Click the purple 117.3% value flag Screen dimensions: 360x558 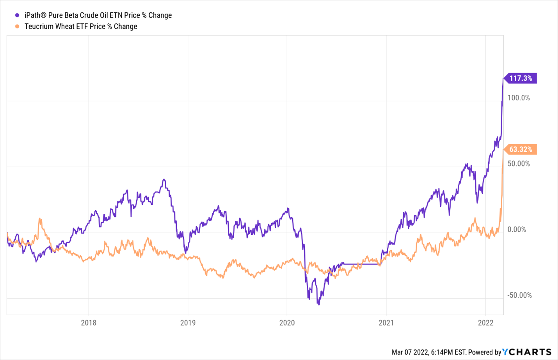pos(521,78)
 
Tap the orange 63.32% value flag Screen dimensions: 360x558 pos(521,149)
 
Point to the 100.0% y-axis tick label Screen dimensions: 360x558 pos(519,98)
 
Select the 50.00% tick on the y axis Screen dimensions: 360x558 pos(519,164)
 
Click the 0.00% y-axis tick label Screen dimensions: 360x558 pos(517,230)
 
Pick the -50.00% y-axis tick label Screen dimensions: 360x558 pos(519,295)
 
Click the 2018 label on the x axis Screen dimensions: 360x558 pos(89,323)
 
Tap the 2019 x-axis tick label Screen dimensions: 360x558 pos(188,323)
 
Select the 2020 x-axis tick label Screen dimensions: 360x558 pos(287,323)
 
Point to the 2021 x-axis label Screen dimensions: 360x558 pos(386,323)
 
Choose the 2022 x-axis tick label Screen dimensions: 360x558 pos(485,323)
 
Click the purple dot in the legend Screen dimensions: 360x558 pos(17,16)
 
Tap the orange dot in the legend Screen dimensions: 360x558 pos(17,27)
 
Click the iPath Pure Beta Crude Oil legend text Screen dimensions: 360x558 pos(98,16)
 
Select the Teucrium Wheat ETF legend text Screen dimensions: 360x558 pos(81,27)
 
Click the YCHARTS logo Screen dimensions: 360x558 pos(527,352)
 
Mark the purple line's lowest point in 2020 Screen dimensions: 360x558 pos(318,304)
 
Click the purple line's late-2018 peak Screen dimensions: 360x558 pos(164,180)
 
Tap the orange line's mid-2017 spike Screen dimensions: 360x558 pos(40,219)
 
